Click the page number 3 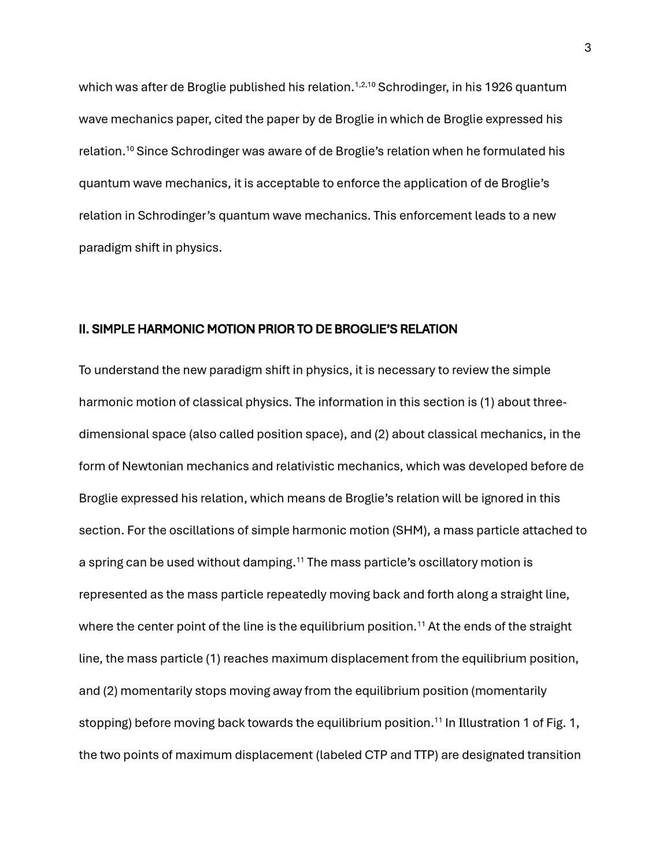click(587, 48)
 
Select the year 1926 click(498, 87)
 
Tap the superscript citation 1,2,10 click(365, 84)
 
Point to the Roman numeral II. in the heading click(84, 329)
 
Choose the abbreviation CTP click(376, 755)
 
